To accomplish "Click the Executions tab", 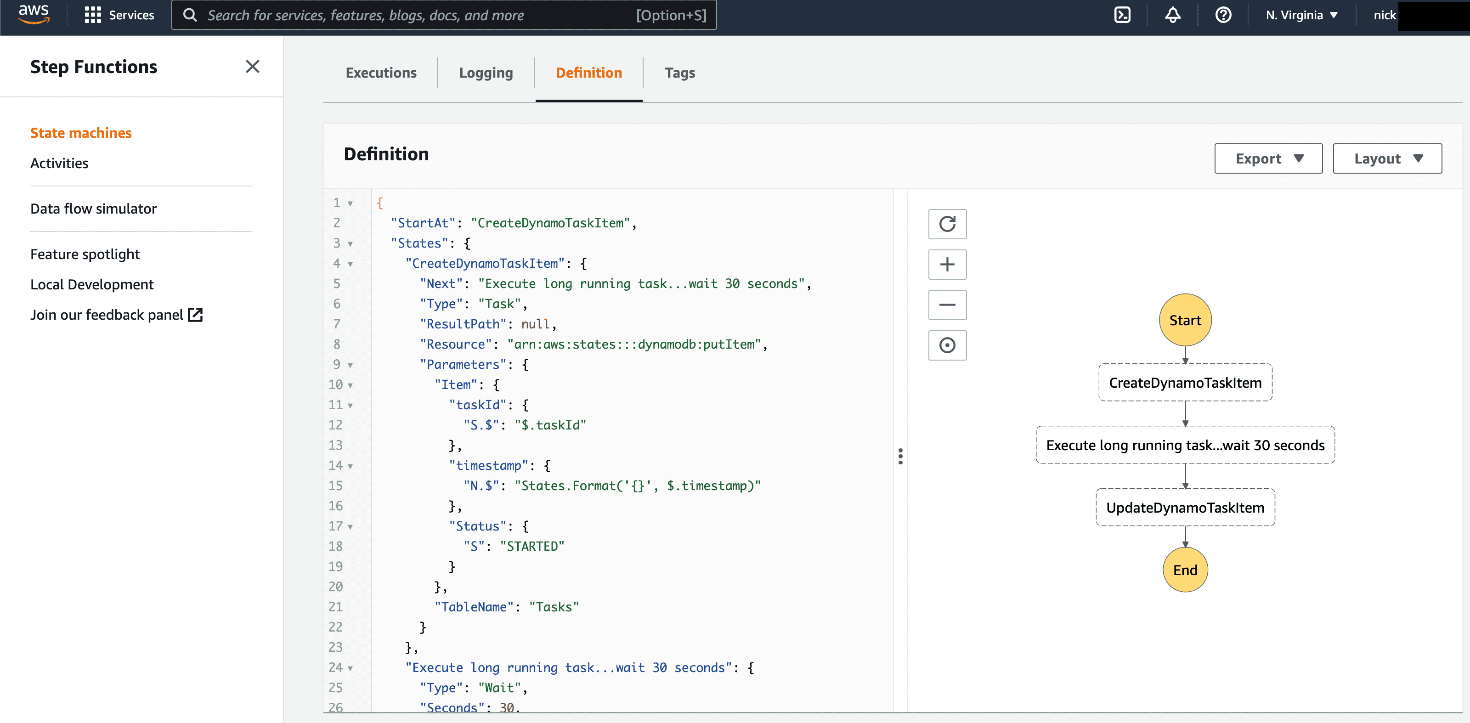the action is pos(381,73).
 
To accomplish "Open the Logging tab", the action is pos(486,73).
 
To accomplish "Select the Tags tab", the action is pos(680,73).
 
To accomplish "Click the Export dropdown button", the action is pos(1268,158).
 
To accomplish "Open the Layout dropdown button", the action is pos(1387,158).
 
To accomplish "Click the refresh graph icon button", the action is pos(947,224).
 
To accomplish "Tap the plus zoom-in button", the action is pos(947,264).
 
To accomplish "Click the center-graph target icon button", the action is pos(947,345).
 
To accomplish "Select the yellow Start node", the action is pos(1185,320).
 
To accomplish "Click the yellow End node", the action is pos(1185,570).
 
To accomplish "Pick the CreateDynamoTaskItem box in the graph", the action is pos(1185,382).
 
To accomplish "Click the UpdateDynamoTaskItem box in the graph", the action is pos(1185,507).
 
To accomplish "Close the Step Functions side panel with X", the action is pos(252,67).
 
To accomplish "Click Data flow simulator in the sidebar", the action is pos(94,209).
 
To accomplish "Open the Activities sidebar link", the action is pos(59,163).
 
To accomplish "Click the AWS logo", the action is pos(34,14).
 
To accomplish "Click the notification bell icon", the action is pos(1173,15).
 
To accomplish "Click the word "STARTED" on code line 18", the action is pos(532,546).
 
